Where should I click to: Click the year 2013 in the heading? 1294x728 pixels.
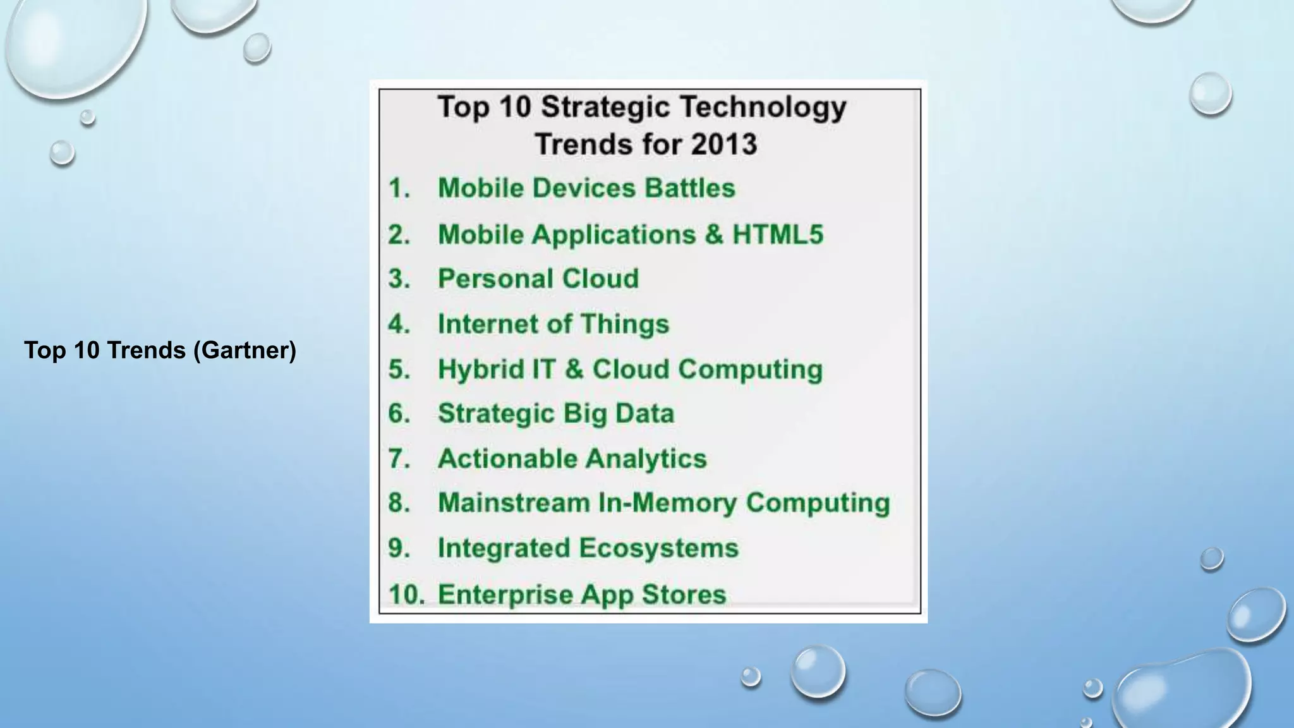tap(723, 144)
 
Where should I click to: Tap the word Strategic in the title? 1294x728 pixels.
tap(604, 106)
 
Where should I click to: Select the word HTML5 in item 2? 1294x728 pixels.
tap(778, 234)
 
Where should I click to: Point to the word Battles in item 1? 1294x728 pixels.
tap(690, 188)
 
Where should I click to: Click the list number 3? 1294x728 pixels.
tap(399, 279)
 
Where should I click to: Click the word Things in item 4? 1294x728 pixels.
tap(624, 324)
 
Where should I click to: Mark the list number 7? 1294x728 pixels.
tap(399, 459)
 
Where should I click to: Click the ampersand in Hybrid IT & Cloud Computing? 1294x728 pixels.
tap(573, 370)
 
